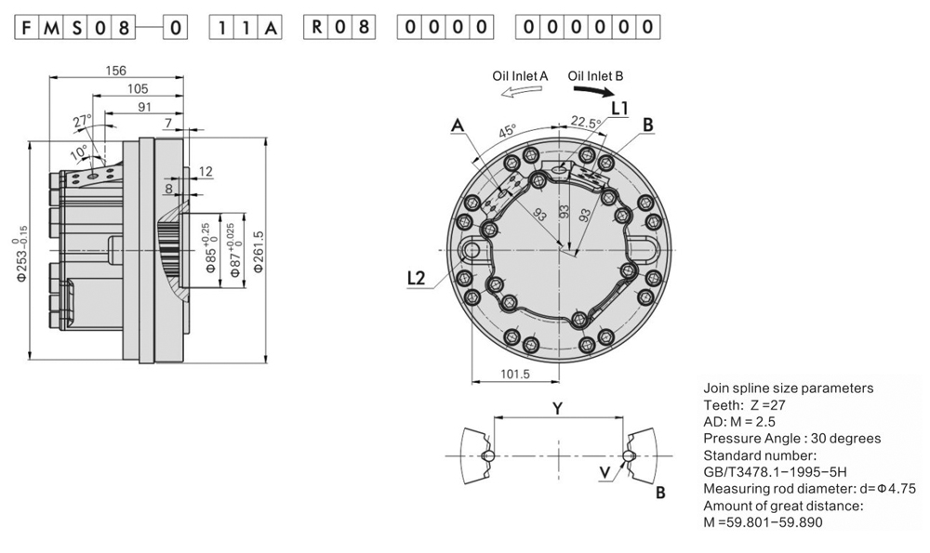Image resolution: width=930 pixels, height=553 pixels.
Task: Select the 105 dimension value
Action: click(x=137, y=88)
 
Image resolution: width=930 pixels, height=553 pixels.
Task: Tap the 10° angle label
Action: click(x=81, y=150)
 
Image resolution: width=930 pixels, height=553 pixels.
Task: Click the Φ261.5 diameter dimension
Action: click(x=260, y=251)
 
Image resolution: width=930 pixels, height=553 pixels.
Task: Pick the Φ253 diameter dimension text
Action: click(x=21, y=250)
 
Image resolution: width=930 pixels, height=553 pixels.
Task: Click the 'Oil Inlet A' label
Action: click(x=520, y=76)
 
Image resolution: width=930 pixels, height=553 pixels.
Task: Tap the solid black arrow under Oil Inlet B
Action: click(x=593, y=91)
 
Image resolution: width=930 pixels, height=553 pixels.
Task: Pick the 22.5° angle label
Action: click(x=584, y=123)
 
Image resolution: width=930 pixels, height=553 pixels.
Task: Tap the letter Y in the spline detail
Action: click(x=557, y=408)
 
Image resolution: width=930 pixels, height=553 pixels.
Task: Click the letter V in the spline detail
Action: click(x=605, y=472)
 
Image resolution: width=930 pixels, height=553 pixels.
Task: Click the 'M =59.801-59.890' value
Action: click(x=763, y=522)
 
